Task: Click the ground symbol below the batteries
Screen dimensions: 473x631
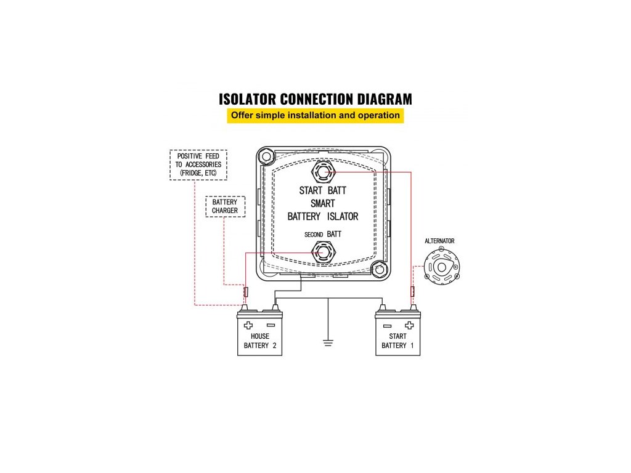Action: tap(328, 342)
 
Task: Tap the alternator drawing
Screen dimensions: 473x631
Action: tap(442, 269)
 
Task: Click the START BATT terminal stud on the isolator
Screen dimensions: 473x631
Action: tap(322, 173)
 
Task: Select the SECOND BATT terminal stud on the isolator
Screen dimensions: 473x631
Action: tap(322, 252)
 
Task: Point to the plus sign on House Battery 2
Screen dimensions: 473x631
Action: tap(248, 326)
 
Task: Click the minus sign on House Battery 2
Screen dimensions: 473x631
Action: tap(271, 326)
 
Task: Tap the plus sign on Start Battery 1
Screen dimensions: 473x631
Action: tap(409, 326)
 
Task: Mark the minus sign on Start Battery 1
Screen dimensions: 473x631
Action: tap(387, 326)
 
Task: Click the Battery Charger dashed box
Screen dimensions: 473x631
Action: tap(225, 206)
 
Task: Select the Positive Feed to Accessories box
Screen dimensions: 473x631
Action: tap(198, 164)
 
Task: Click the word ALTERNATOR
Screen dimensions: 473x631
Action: tap(440, 241)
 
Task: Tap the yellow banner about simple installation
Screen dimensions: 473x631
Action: tap(315, 115)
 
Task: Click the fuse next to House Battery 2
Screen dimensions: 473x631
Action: tap(246, 291)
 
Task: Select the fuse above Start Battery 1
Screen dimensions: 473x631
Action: tap(412, 291)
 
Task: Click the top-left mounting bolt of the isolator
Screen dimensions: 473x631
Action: tap(266, 156)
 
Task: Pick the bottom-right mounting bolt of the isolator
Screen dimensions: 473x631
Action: tap(379, 269)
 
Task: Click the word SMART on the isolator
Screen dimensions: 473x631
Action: tap(322, 203)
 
